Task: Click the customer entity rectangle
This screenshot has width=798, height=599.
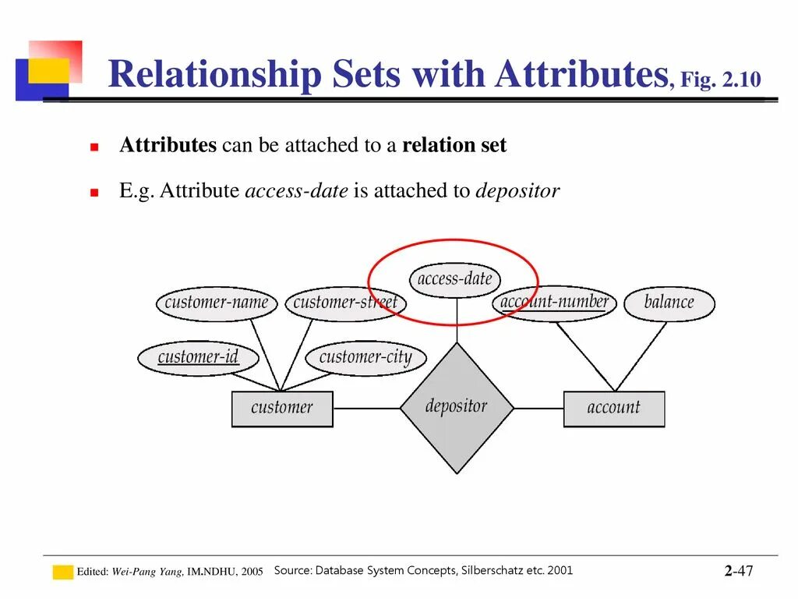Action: (x=282, y=409)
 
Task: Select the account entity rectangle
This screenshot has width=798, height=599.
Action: (x=614, y=409)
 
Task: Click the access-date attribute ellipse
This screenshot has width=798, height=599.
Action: (x=455, y=279)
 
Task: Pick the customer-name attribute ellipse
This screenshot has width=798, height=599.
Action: (x=217, y=303)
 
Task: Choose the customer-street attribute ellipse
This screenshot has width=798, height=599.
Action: (x=345, y=303)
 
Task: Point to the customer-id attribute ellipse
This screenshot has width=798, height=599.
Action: (x=198, y=358)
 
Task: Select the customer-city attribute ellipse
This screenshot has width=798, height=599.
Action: (x=365, y=358)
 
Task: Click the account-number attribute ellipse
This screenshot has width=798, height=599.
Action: (x=554, y=303)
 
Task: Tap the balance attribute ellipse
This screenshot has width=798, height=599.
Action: (x=669, y=303)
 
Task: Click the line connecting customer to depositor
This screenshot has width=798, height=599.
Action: (x=366, y=408)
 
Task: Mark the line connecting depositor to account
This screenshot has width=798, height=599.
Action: (x=538, y=408)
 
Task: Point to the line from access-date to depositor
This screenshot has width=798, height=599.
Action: (x=457, y=320)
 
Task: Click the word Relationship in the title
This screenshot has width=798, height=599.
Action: (x=214, y=76)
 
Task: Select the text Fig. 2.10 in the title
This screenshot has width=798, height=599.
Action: (x=720, y=80)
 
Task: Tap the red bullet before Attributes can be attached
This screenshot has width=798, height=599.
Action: (x=94, y=147)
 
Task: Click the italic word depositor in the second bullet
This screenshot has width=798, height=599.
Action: (x=517, y=191)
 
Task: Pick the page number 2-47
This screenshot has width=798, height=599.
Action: (x=739, y=571)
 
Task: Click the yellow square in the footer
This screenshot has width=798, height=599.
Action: (x=62, y=572)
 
